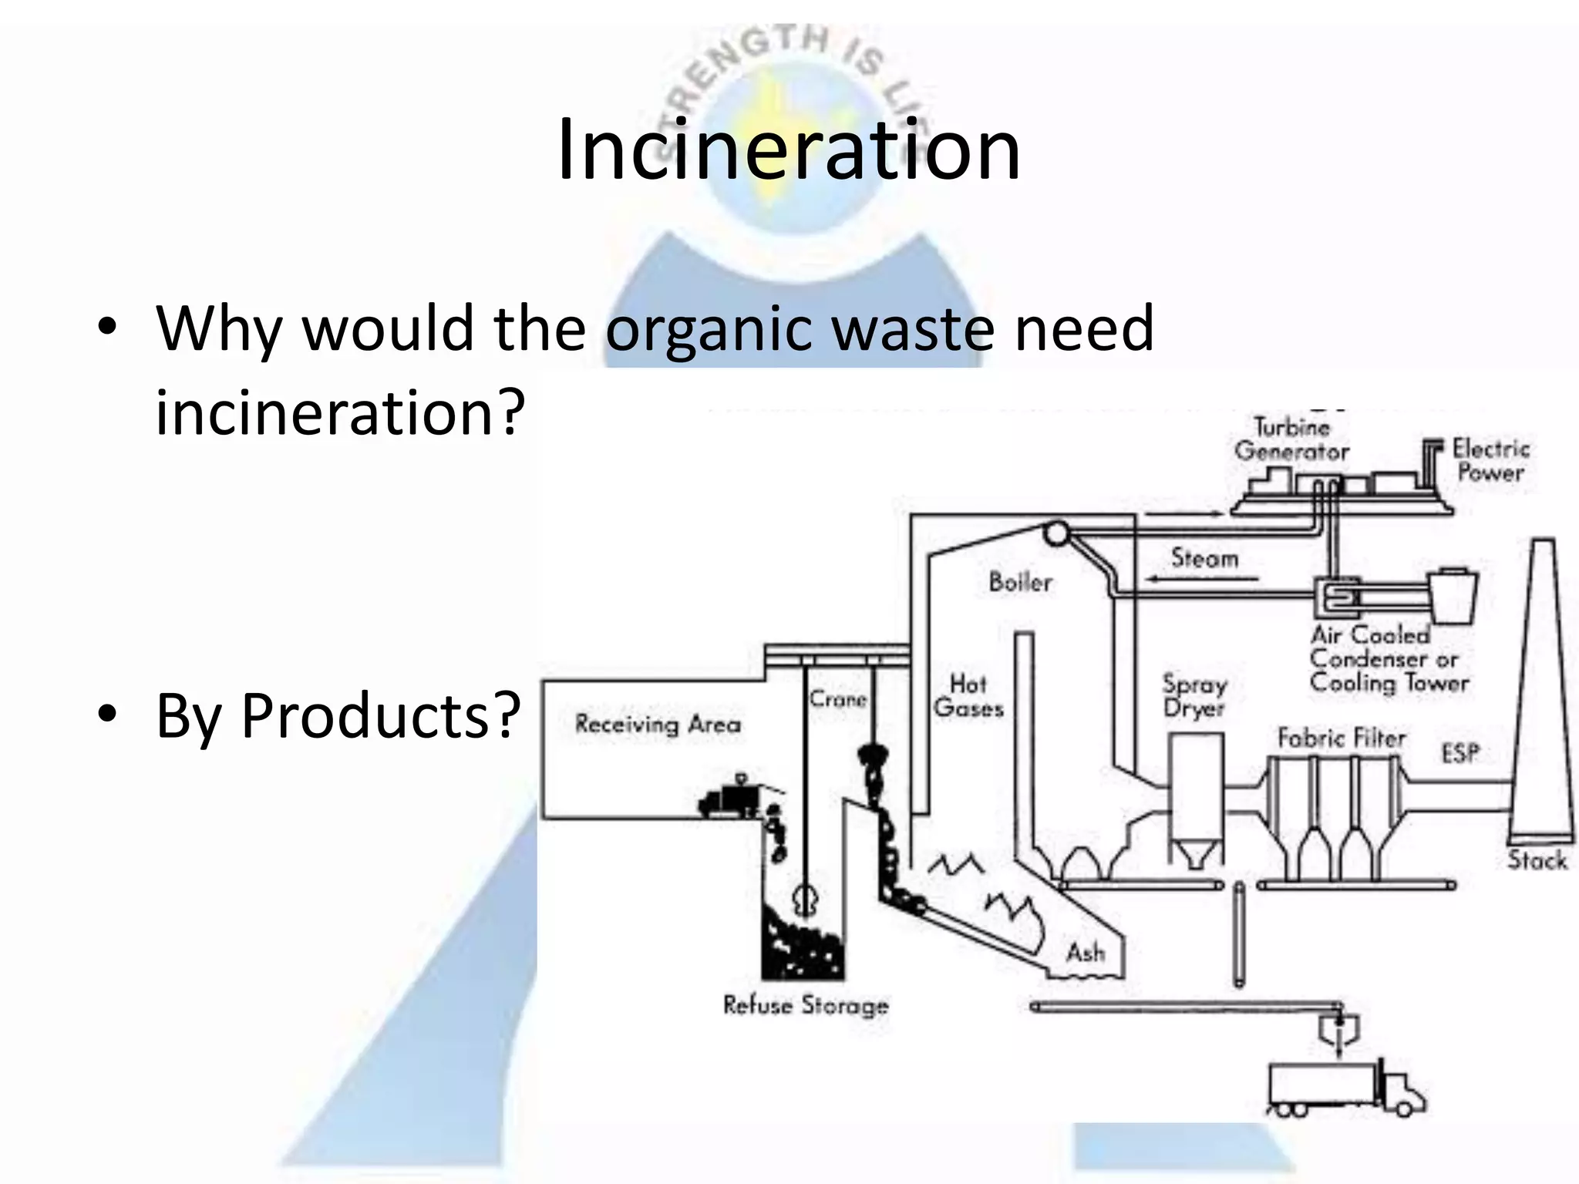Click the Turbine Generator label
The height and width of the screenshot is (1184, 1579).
pyautogui.click(x=1291, y=439)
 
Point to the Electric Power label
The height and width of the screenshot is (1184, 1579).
pyautogui.click(x=1490, y=460)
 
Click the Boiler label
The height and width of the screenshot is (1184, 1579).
pyautogui.click(x=1020, y=582)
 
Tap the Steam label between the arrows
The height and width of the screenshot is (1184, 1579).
pyautogui.click(x=1204, y=557)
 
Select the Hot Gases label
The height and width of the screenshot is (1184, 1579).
pyautogui.click(x=968, y=696)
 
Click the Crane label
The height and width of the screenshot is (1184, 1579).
pyautogui.click(x=838, y=699)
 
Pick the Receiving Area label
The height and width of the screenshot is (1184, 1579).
pyautogui.click(x=658, y=724)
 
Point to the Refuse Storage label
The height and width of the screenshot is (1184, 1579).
pyautogui.click(x=806, y=1005)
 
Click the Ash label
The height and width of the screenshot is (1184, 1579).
pyautogui.click(x=1086, y=953)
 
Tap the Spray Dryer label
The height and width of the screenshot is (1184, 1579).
pyautogui.click(x=1194, y=696)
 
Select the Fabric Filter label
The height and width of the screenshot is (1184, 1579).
pyautogui.click(x=1342, y=738)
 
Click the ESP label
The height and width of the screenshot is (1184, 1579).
pyautogui.click(x=1460, y=752)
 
